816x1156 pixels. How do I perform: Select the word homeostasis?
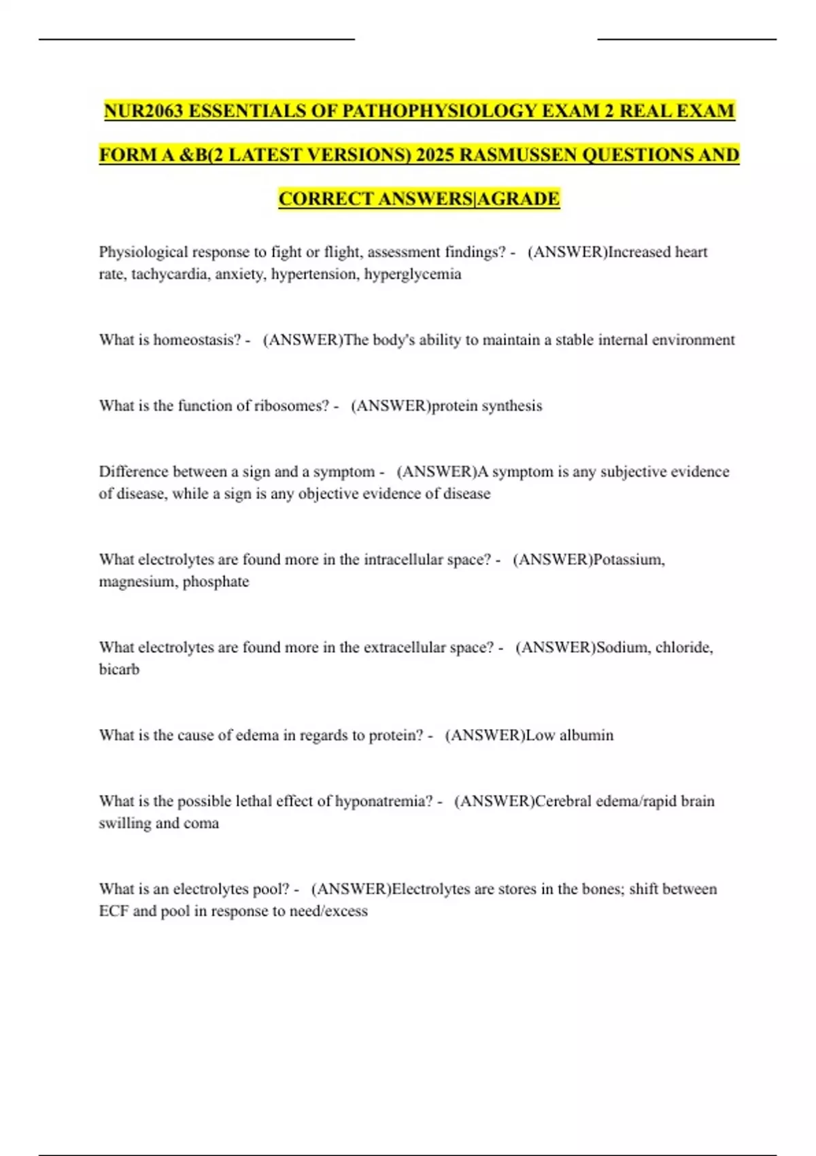coord(197,340)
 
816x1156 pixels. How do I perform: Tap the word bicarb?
coord(119,669)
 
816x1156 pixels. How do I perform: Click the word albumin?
coord(586,735)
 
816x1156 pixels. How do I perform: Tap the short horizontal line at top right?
coord(687,39)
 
